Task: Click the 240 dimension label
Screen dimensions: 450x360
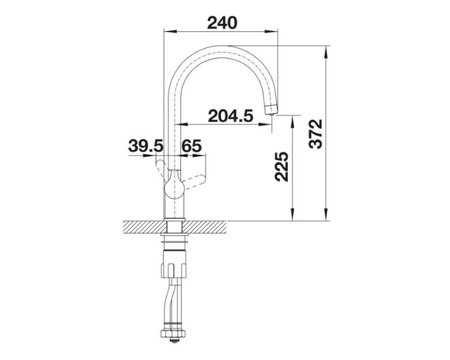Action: pyautogui.click(x=222, y=23)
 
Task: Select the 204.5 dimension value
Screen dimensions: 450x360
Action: pyautogui.click(x=231, y=116)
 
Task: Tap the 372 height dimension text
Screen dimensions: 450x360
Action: pyautogui.click(x=316, y=133)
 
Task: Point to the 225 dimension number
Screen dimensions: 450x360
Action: pyautogui.click(x=281, y=166)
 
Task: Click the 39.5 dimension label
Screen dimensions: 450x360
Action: pyautogui.click(x=146, y=146)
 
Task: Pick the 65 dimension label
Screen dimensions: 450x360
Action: pyautogui.click(x=192, y=146)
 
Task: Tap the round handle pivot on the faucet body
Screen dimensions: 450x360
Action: pyautogui.click(x=174, y=189)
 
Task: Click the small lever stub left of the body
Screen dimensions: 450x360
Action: pyautogui.click(x=160, y=168)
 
